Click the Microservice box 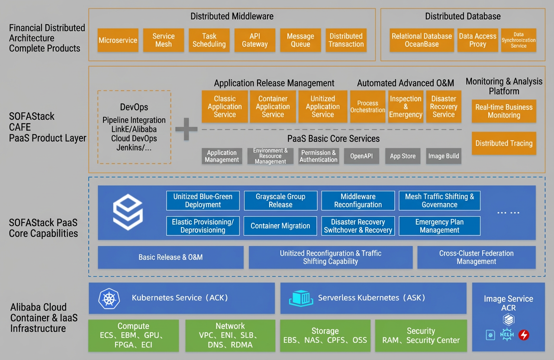[x=118, y=40]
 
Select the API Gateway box [x=255, y=40]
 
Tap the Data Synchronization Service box [x=519, y=40]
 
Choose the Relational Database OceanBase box [x=422, y=40]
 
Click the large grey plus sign [x=186, y=129]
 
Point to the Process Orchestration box [x=367, y=106]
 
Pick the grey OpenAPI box [x=361, y=156]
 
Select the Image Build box [x=444, y=156]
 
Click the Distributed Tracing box [x=504, y=143]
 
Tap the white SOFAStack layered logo [x=128, y=212]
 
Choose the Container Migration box [x=280, y=226]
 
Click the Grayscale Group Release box [x=280, y=200]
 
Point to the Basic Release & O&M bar [x=171, y=257]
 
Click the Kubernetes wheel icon [x=109, y=299]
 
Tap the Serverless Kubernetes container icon [x=301, y=299]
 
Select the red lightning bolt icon [x=524, y=335]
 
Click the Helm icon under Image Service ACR [x=507, y=335]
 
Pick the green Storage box [x=325, y=335]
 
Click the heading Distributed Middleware [x=232, y=16]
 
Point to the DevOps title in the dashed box [x=134, y=107]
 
